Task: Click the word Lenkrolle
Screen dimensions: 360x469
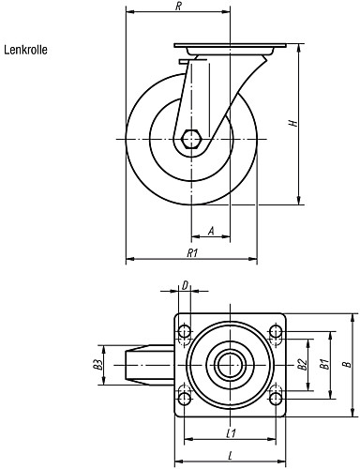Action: [25, 50]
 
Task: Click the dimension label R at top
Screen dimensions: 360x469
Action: [178, 7]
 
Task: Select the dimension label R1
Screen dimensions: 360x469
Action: [192, 253]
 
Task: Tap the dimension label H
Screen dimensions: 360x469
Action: [293, 123]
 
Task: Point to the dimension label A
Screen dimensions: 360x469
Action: [211, 232]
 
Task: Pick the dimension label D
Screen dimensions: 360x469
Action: [185, 285]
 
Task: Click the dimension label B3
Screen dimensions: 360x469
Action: [98, 365]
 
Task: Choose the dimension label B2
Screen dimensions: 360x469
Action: [302, 365]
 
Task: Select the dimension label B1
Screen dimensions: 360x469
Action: [325, 365]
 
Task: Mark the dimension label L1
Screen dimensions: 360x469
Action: [231, 433]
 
